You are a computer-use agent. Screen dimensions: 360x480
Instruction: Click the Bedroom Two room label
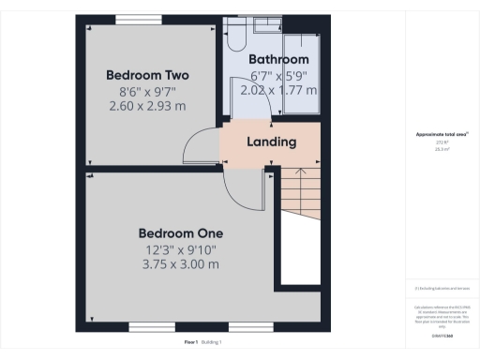(x=147, y=75)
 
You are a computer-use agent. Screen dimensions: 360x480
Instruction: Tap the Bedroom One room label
(x=180, y=232)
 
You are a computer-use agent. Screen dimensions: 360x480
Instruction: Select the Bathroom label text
(x=278, y=60)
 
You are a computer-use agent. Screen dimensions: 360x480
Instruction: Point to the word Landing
(x=271, y=142)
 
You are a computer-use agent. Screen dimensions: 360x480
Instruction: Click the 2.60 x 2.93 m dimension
(x=147, y=106)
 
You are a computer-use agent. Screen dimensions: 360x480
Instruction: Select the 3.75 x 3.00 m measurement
(x=180, y=264)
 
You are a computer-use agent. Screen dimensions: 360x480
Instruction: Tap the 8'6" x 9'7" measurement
(x=147, y=91)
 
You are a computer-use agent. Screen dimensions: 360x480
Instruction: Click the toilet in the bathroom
(x=235, y=36)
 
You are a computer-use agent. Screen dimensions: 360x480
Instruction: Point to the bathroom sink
(x=265, y=25)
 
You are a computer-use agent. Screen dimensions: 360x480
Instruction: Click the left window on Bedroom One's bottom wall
(x=149, y=327)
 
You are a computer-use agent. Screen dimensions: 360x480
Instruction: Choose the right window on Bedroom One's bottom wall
(x=249, y=327)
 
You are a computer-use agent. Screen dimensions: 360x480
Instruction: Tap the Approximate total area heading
(x=442, y=134)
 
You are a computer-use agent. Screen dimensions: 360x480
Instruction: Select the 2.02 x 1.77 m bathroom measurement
(x=278, y=91)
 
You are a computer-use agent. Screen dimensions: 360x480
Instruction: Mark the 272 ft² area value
(x=442, y=142)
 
